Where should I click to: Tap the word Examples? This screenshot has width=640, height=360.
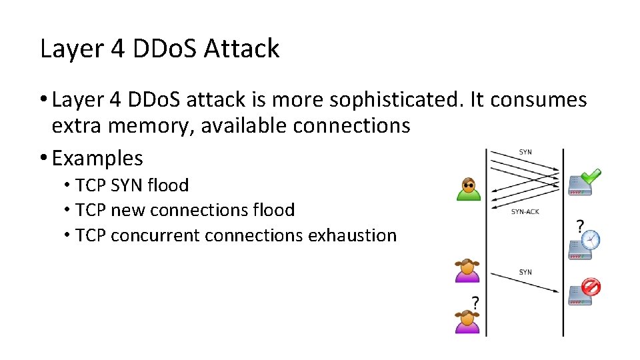click(x=97, y=158)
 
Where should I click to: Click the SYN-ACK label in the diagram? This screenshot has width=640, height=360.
click(x=525, y=212)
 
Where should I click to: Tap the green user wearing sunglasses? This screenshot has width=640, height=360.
click(x=468, y=189)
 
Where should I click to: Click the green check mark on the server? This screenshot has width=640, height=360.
click(x=591, y=175)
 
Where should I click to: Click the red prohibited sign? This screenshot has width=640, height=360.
click(x=591, y=287)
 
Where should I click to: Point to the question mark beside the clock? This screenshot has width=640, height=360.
click(x=579, y=225)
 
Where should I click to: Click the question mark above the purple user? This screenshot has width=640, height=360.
click(x=475, y=301)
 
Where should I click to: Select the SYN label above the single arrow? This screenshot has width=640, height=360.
click(x=525, y=272)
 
